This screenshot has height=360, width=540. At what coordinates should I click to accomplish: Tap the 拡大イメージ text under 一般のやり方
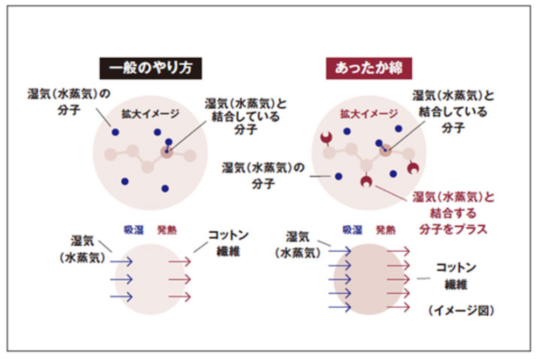pos(150,114)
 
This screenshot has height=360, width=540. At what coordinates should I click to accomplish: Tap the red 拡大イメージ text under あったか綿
pos(369,114)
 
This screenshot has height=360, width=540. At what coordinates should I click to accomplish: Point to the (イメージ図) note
pos(462,310)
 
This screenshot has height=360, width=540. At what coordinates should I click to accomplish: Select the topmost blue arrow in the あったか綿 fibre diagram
pos(340,251)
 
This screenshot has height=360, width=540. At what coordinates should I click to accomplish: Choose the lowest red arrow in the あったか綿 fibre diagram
pos(398,307)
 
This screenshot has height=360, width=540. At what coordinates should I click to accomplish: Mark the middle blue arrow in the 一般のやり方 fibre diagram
pos(121,279)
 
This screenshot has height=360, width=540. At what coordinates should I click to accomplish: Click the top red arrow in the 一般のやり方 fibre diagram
pos(179,261)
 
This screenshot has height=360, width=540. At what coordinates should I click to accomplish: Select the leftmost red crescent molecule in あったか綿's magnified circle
pos(327,139)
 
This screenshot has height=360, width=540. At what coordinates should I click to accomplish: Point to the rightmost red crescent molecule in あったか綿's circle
pos(413,168)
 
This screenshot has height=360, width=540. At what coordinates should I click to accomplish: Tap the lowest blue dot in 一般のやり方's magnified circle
pos(165,189)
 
